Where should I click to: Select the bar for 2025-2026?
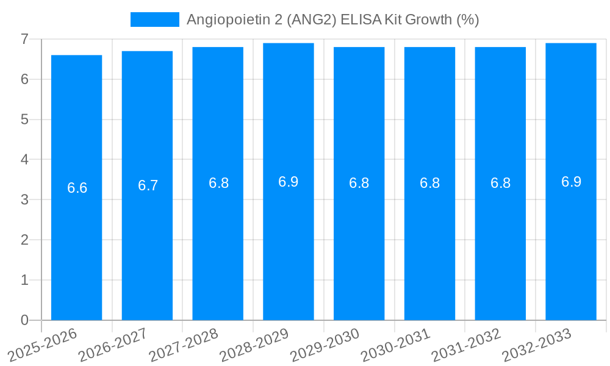(x=76, y=244)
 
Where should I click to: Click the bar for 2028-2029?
(x=289, y=244)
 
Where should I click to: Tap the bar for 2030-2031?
(x=429, y=244)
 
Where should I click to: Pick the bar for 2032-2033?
(x=571, y=244)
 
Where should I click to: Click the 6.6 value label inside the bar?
(x=77, y=188)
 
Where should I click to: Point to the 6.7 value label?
(x=148, y=185)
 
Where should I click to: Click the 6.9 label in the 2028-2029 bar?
(x=289, y=182)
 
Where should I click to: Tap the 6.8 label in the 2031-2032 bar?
(x=500, y=184)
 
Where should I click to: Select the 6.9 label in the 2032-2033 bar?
(x=571, y=182)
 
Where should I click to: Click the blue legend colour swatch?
(x=155, y=20)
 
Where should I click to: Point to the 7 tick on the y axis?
(x=24, y=39)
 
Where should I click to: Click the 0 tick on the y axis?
(x=24, y=320)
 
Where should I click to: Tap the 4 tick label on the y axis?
(x=24, y=160)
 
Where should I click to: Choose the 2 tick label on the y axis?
(x=24, y=240)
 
